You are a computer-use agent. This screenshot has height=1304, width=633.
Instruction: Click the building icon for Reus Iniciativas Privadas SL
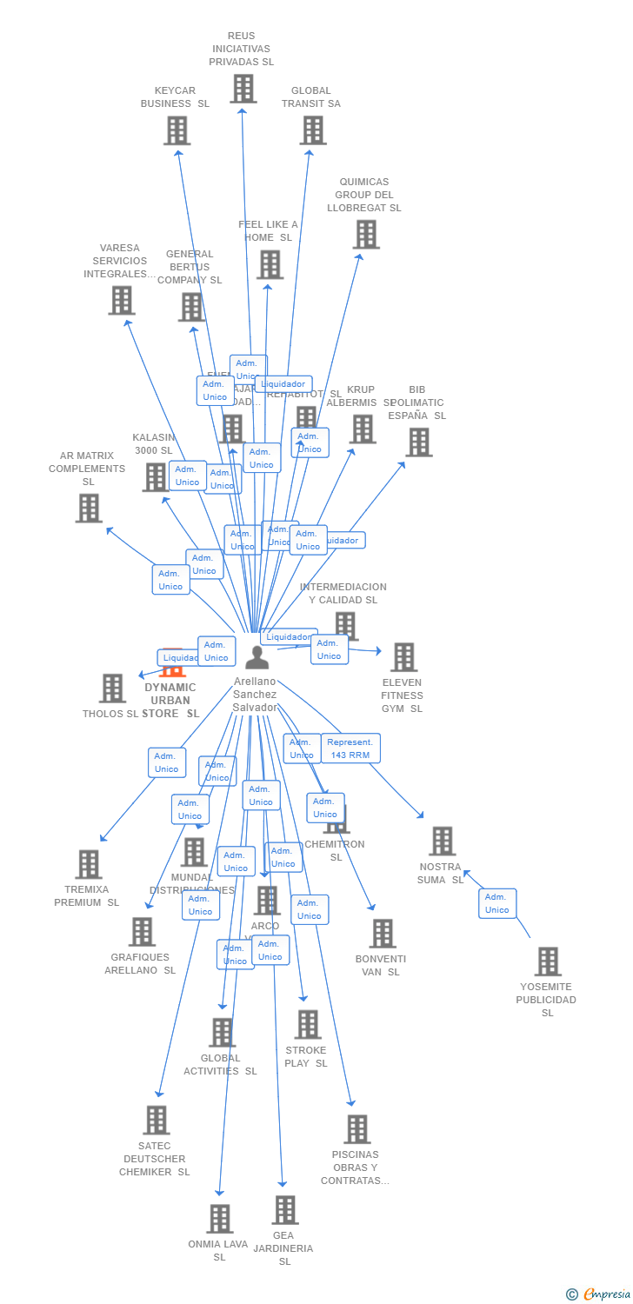pyautogui.click(x=243, y=89)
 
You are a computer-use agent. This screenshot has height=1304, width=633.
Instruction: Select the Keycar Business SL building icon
pyautogui.click(x=177, y=130)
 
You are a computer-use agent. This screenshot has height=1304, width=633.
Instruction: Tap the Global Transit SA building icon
pyautogui.click(x=312, y=130)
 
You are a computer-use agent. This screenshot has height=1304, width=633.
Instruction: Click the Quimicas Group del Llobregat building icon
pyautogui.click(x=366, y=235)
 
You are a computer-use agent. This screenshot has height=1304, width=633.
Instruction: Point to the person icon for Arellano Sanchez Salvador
pyautogui.click(x=257, y=657)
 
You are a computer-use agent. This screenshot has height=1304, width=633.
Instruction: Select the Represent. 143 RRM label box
pyautogui.click(x=350, y=748)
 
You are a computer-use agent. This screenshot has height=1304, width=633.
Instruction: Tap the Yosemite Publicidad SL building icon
pyautogui.click(x=548, y=961)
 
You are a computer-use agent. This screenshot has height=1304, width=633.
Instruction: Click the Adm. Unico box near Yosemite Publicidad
pyautogui.click(x=497, y=903)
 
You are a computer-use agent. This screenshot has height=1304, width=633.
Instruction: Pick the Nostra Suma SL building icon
pyautogui.click(x=442, y=841)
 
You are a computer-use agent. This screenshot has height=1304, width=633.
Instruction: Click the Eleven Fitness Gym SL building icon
pyautogui.click(x=403, y=657)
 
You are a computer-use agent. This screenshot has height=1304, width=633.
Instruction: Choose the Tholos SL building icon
pyautogui.click(x=113, y=689)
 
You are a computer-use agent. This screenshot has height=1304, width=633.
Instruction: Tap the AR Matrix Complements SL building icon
pyautogui.click(x=89, y=509)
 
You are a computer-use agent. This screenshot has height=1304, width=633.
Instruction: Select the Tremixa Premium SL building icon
pyautogui.click(x=89, y=864)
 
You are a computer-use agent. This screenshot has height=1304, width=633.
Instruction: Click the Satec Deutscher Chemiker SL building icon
pyautogui.click(x=157, y=1120)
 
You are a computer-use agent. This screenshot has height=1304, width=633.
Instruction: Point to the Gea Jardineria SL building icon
pyautogui.click(x=284, y=1210)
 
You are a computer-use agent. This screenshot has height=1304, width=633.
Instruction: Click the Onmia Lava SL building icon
pyautogui.click(x=220, y=1219)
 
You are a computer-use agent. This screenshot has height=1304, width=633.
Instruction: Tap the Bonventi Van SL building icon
pyautogui.click(x=382, y=934)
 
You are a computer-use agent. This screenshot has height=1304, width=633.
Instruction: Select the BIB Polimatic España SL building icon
pyautogui.click(x=418, y=442)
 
